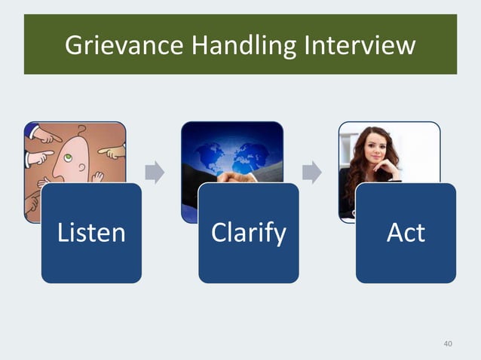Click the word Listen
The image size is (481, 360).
(x=91, y=233)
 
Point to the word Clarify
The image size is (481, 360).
(x=249, y=233)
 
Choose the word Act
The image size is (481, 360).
(x=406, y=233)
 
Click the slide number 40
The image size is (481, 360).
(x=448, y=344)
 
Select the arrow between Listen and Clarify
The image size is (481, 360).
(x=155, y=172)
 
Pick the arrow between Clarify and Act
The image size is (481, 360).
(x=311, y=172)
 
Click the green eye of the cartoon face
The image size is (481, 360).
(x=67, y=157)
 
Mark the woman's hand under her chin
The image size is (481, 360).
(x=386, y=170)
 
